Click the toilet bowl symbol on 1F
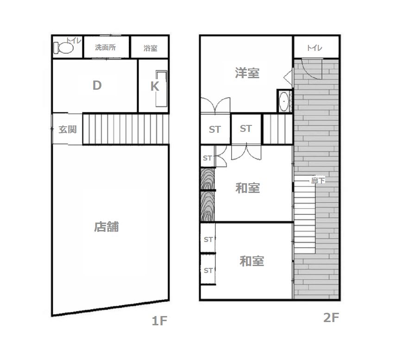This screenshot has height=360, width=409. pyautogui.click(x=63, y=48)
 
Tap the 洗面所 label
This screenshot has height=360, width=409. pyautogui.click(x=106, y=47)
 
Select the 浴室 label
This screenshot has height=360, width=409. pyautogui.click(x=150, y=48)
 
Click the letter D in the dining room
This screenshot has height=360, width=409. pyautogui.click(x=97, y=85)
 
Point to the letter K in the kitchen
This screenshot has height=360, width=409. pyautogui.click(x=155, y=87)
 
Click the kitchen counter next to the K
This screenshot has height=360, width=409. pyautogui.click(x=161, y=88)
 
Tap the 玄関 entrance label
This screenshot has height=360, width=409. pyautogui.click(x=68, y=130)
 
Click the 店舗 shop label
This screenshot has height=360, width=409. pyautogui.click(x=107, y=227)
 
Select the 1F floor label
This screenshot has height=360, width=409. pyautogui.click(x=159, y=321)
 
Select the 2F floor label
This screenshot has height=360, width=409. pyautogui.click(x=331, y=317)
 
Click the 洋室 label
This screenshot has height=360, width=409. pyautogui.click(x=247, y=73)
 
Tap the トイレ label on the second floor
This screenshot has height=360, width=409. pyautogui.click(x=315, y=48)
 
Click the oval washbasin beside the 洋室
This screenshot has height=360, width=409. pyautogui.click(x=283, y=101)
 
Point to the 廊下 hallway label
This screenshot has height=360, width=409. pyautogui.click(x=318, y=180)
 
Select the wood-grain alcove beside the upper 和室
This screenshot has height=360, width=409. pyautogui.click(x=208, y=195)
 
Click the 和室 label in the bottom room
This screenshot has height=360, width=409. pyautogui.click(x=252, y=261)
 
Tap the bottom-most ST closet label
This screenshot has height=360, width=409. pyautogui.click(x=208, y=271)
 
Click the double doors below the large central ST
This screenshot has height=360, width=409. pyautogui.click(x=246, y=151)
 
